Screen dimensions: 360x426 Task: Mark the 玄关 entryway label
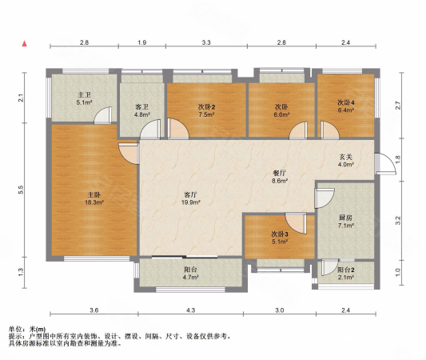pos(347,156)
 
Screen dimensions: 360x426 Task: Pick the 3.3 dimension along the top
pos(206,42)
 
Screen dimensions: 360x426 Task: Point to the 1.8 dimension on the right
pos(400,166)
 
